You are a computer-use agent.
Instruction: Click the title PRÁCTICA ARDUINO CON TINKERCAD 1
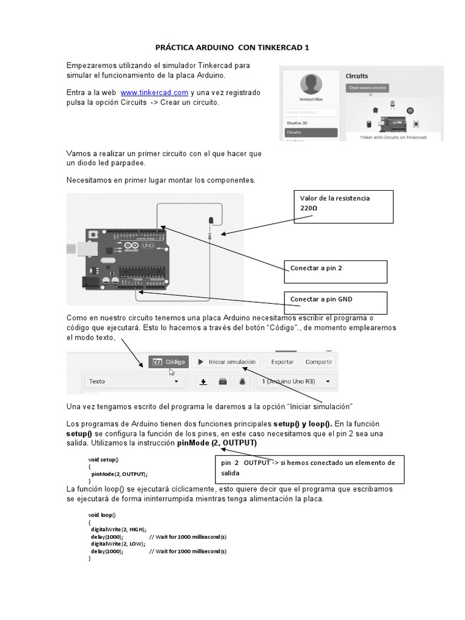coord(232,47)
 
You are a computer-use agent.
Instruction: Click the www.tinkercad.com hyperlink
coord(154,93)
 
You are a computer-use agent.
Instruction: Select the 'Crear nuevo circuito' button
coord(368,88)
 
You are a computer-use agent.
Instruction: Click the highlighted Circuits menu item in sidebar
coord(311,131)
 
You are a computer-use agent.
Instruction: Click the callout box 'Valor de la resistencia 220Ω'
coord(343,206)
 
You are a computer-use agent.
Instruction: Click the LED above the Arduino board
coord(210,220)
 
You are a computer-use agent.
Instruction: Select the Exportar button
coord(282,362)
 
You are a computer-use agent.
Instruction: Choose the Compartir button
coord(318,362)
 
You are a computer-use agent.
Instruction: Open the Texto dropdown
coord(134,381)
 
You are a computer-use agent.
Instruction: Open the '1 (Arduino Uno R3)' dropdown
coord(296,381)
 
